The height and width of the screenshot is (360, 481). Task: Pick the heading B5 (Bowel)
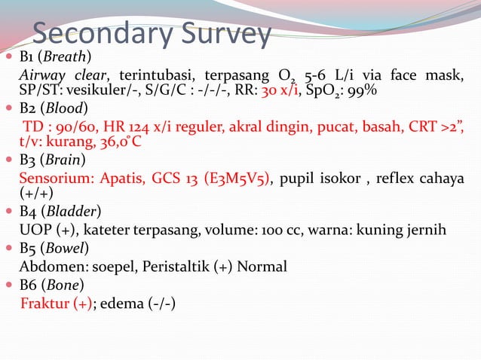coord(54,247)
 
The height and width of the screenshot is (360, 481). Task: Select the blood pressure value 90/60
coord(69,125)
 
